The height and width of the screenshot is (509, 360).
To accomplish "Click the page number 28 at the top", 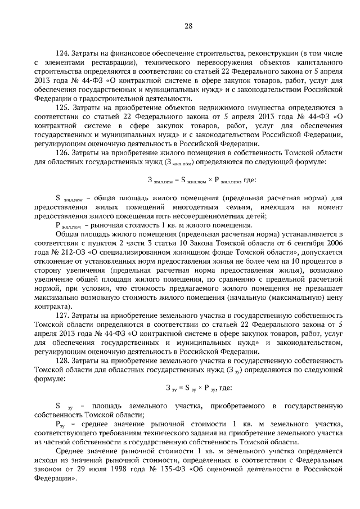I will [188, 25].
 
